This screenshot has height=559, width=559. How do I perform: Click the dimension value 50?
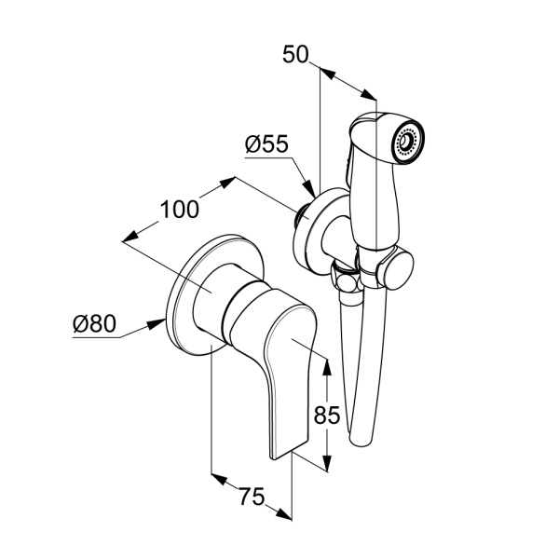(x=295, y=55)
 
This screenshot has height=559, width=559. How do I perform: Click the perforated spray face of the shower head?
(x=408, y=141)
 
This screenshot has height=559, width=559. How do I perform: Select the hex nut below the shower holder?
(x=346, y=279)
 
